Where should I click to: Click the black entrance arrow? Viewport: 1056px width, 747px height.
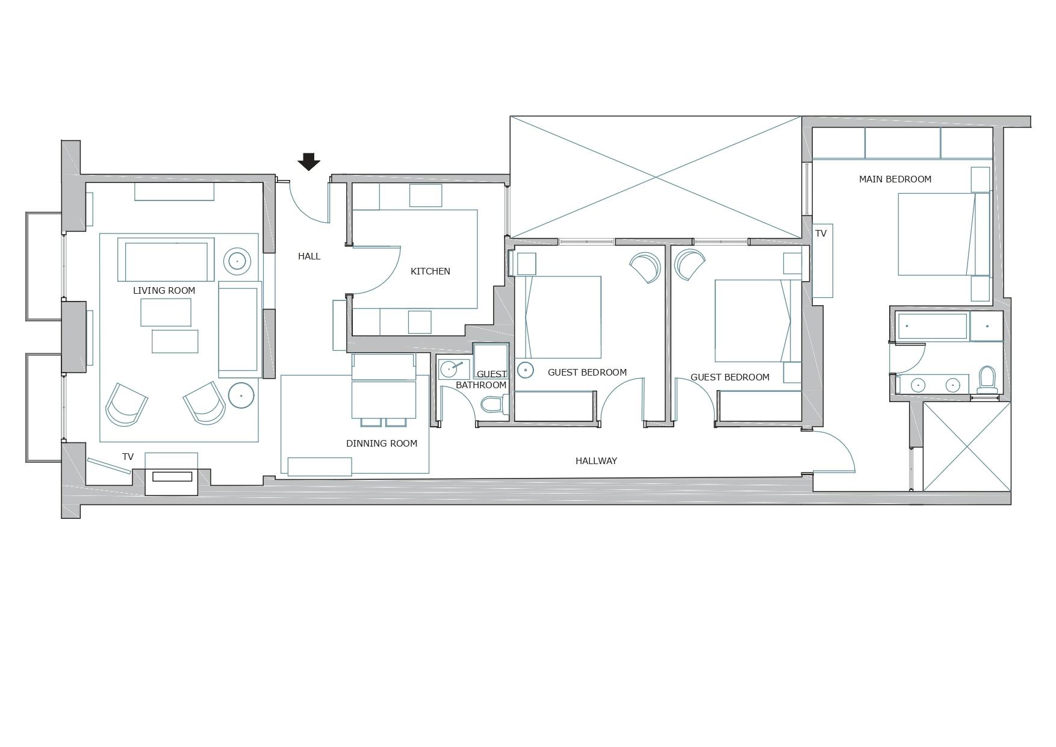click(x=309, y=161)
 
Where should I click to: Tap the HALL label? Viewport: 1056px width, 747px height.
click(x=309, y=256)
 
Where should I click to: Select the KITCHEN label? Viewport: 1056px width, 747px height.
click(x=430, y=271)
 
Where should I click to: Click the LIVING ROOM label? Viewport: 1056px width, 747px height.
click(x=164, y=291)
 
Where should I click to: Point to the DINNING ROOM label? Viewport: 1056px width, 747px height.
click(x=381, y=444)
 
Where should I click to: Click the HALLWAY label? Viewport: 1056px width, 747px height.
click(x=596, y=461)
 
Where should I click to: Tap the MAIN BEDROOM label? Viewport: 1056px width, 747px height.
click(x=895, y=179)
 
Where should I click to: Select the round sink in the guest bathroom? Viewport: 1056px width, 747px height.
click(x=449, y=368)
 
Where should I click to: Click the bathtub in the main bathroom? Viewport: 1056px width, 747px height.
click(x=932, y=326)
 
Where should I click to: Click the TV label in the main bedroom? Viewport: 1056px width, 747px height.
click(x=821, y=234)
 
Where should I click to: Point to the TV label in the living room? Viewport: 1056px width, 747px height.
click(x=128, y=457)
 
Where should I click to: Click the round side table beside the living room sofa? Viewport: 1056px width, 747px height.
click(x=237, y=261)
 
